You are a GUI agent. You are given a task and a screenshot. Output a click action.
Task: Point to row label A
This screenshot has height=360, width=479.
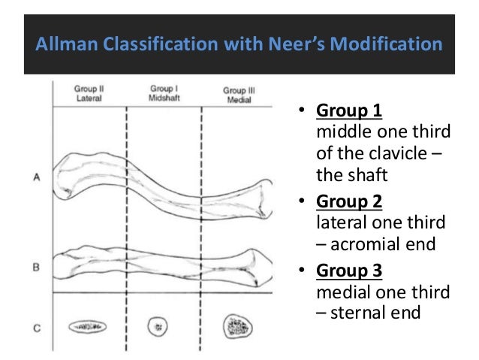click(x=38, y=178)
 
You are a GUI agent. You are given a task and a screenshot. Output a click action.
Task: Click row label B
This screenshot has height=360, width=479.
click(x=38, y=266)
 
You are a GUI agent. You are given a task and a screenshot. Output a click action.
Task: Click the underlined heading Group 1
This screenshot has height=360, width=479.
click(x=349, y=113)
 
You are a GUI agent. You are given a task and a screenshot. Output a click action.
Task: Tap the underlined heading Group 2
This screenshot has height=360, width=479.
click(x=349, y=203)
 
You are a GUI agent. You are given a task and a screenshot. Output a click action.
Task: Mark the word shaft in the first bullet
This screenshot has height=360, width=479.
click(x=358, y=177)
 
